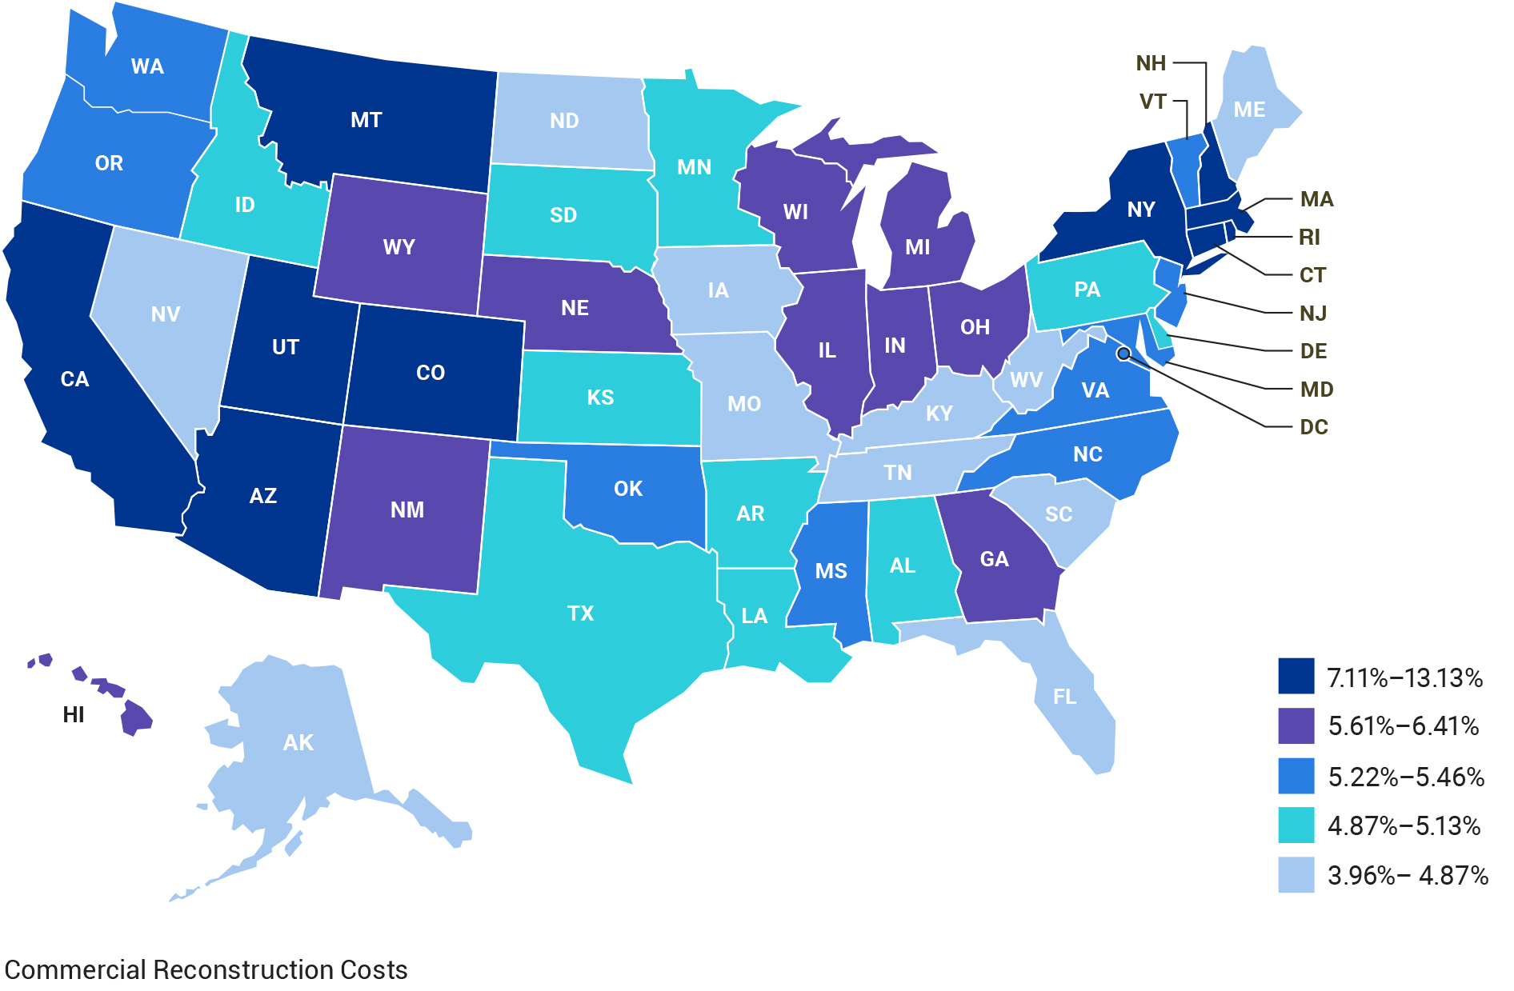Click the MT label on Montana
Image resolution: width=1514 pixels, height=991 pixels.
coord(366,120)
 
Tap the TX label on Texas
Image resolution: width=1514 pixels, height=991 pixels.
coord(580,613)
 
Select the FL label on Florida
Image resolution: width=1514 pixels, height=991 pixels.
coord(1064,697)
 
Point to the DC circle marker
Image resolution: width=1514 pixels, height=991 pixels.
coord(1123,353)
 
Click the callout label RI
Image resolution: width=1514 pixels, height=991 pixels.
coord(1309,237)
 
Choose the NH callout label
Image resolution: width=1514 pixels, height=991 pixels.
coord(1151,63)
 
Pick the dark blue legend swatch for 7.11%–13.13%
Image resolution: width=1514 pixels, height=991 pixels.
coord(1296,676)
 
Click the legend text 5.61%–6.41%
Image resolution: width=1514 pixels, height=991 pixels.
coord(1404,726)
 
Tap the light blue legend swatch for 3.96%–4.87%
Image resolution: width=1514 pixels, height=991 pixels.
coord(1296,875)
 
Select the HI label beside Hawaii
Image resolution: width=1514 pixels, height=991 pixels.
coord(74,714)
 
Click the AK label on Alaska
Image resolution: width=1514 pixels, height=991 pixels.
coord(298,742)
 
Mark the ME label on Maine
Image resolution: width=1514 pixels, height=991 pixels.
coord(1249,110)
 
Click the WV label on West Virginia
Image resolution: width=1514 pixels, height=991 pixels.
coord(1026,379)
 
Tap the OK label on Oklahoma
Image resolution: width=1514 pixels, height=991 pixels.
coord(627,489)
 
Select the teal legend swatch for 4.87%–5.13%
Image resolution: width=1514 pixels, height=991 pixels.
coord(1296,825)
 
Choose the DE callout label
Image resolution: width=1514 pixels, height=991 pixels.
coord(1313,351)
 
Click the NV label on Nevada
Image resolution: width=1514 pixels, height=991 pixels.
coord(166,314)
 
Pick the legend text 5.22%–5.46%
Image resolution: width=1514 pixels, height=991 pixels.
coord(1406,777)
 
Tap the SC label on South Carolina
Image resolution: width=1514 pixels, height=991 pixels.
coord(1058,514)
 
